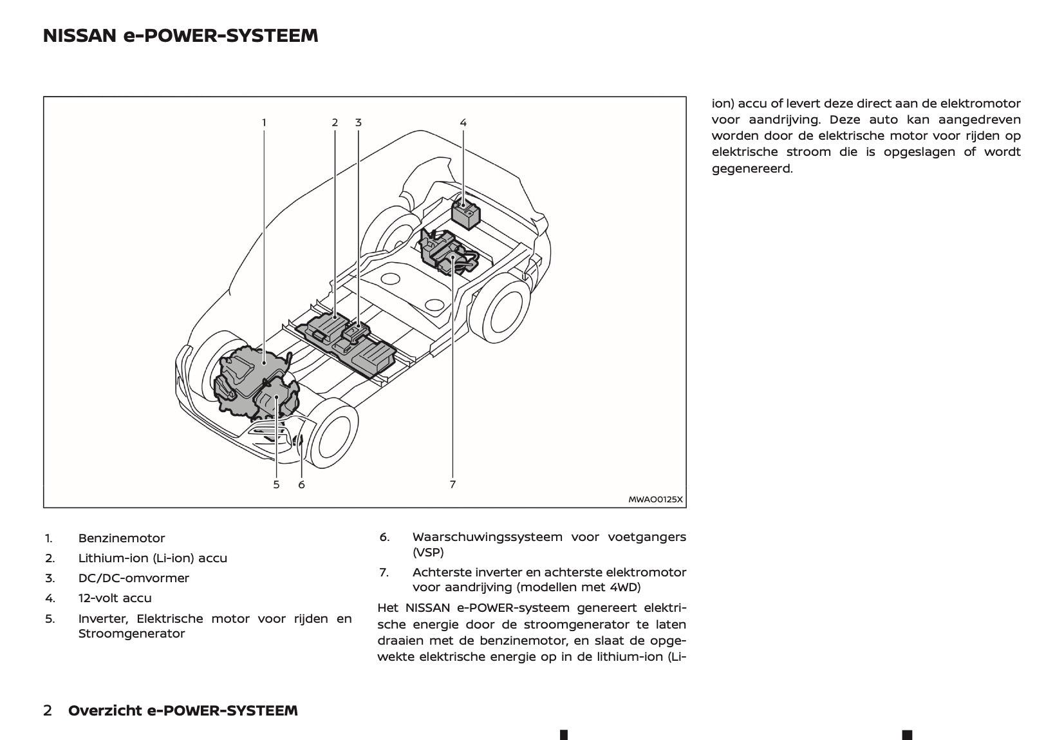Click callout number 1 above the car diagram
click(264, 122)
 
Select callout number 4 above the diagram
click(463, 122)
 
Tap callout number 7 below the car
click(453, 484)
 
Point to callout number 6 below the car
click(301, 484)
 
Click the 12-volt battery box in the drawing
click(466, 213)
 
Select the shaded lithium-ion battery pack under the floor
click(348, 341)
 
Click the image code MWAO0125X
click(655, 499)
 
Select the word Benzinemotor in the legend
click(122, 538)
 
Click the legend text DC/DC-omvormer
click(134, 578)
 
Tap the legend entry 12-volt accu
click(115, 598)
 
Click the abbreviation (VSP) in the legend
click(428, 552)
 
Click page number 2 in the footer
click(48, 711)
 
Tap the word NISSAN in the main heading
click(79, 36)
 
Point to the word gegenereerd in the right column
click(752, 169)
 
